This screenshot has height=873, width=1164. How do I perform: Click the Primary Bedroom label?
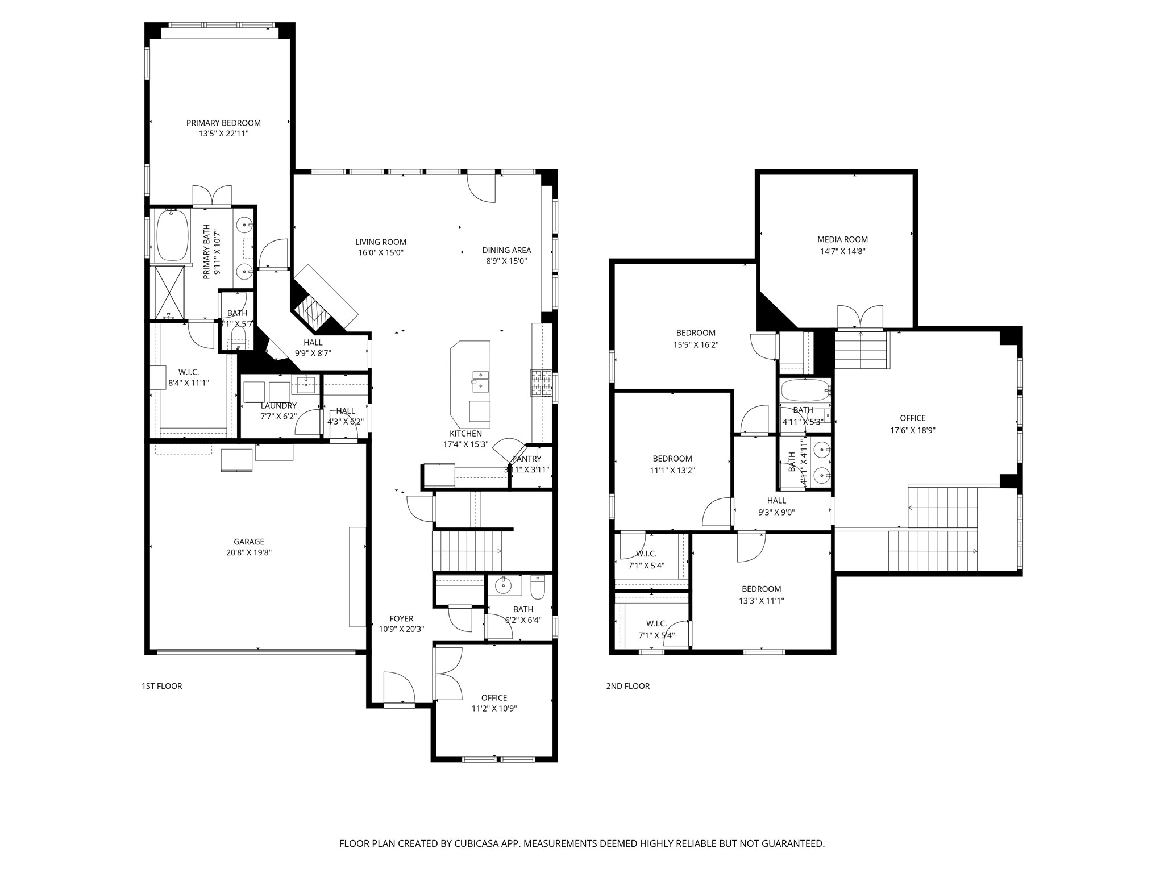pyautogui.click(x=223, y=123)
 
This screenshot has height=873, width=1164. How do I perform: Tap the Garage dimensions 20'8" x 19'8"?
pyautogui.click(x=248, y=552)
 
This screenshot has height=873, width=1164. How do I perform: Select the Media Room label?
pyautogui.click(x=842, y=239)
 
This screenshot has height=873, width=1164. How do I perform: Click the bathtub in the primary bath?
pyautogui.click(x=172, y=235)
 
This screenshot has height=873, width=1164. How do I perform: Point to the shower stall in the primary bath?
pyautogui.click(x=170, y=292)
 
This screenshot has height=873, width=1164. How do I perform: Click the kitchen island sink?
pyautogui.click(x=480, y=380)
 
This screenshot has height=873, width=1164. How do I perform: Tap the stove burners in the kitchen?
pyautogui.click(x=541, y=383)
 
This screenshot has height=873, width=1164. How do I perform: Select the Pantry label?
pyautogui.click(x=526, y=459)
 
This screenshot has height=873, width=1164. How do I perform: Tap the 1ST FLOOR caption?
pyautogui.click(x=162, y=686)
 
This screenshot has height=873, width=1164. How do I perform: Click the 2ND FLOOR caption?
pyautogui.click(x=627, y=686)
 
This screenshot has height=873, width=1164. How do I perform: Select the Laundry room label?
pyautogui.click(x=278, y=406)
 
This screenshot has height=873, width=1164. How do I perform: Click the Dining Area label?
pyautogui.click(x=506, y=250)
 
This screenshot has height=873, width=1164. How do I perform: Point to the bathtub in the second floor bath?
pyautogui.click(x=805, y=390)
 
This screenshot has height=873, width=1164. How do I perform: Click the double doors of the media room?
pyautogui.click(x=860, y=318)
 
